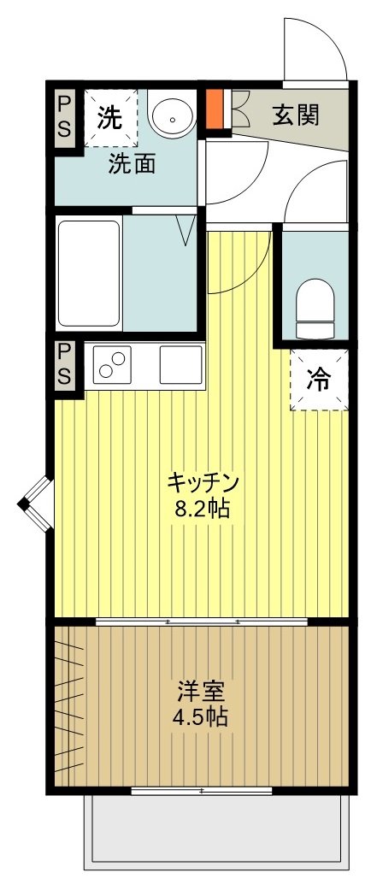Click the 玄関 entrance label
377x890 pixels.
click(x=296, y=116)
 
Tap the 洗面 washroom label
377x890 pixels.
click(x=131, y=164)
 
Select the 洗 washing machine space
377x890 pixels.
click(x=109, y=118)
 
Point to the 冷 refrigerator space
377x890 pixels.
click(x=318, y=379)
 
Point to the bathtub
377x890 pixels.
click(x=89, y=273)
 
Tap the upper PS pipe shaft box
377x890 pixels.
click(x=66, y=119)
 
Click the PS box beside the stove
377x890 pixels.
click(x=66, y=365)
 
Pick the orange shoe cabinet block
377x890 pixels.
click(x=215, y=108)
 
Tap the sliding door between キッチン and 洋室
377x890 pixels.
click(x=202, y=622)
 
